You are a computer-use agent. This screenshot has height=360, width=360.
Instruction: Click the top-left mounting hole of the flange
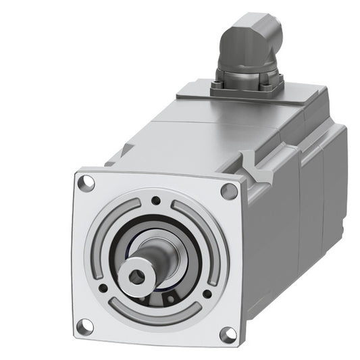point(86,182)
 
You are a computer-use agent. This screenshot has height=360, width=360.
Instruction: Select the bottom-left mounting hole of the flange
point(84,326)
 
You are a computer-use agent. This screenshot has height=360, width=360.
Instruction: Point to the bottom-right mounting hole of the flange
point(228,333)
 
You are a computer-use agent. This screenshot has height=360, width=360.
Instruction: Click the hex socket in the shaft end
point(138,274)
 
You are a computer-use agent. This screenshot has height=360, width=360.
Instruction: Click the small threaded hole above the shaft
point(156,201)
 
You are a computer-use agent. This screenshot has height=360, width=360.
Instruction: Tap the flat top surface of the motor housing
point(203,135)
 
